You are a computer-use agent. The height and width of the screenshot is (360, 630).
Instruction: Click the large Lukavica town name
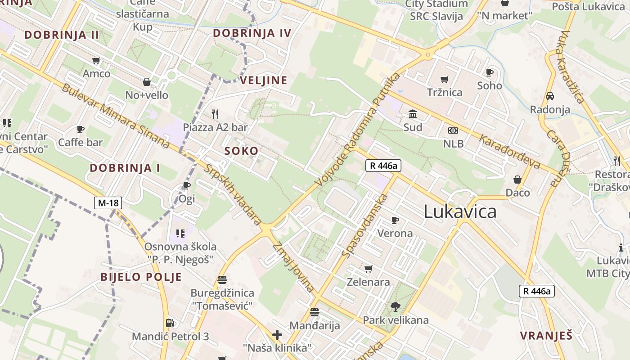click(x=460, y=211)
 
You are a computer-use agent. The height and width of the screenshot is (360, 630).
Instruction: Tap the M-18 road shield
click(x=108, y=203)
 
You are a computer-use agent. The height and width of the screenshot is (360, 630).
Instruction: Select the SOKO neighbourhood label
click(x=241, y=151)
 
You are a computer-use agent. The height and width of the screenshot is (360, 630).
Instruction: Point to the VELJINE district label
click(x=263, y=81)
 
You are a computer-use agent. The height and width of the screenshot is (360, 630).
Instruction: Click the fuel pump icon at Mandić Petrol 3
click(x=170, y=323)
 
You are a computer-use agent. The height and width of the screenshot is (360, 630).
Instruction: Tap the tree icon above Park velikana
click(x=396, y=307)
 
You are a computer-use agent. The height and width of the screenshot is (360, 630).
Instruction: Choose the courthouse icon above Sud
click(x=412, y=114)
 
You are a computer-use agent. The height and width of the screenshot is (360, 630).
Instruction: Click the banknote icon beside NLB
click(x=453, y=130)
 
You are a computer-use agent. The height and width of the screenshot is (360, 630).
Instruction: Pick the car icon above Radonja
click(x=549, y=96)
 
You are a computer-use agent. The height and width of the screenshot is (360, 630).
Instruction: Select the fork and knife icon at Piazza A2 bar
click(x=215, y=114)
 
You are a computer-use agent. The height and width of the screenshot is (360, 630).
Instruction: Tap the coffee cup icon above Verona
click(x=395, y=220)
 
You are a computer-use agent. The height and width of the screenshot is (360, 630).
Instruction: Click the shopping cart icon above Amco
click(x=96, y=60)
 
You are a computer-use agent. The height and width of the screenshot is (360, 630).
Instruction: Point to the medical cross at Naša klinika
click(x=277, y=335)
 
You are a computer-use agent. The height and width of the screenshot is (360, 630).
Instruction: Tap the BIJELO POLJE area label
click(x=141, y=277)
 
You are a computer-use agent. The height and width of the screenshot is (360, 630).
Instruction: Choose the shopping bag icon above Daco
click(x=517, y=180)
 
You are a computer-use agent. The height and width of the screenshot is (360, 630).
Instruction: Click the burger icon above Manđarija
click(x=314, y=312)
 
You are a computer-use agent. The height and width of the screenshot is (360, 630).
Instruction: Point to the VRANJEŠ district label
click(x=546, y=336)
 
